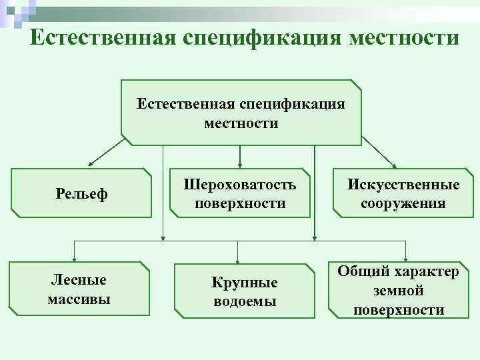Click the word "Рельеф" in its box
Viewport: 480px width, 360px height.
[82, 195]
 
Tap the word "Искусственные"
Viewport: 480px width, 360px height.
[403, 185]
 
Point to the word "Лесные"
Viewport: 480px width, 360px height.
[79, 280]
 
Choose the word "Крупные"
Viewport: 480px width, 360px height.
[245, 283]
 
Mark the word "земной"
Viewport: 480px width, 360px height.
[399, 291]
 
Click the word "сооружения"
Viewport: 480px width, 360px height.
[403, 203]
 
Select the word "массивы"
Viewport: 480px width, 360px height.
[79, 298]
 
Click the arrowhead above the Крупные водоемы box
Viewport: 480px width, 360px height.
[241, 260]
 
